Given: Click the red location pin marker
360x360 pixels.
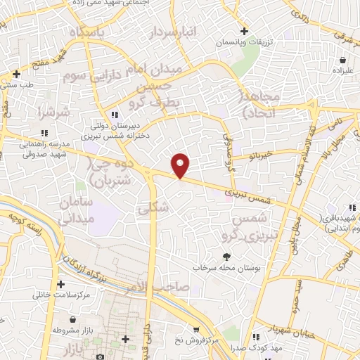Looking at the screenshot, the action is pos(181,165).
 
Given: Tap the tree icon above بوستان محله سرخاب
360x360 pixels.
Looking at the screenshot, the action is pos(226,257).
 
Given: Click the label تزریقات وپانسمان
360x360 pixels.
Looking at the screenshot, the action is pos(244,43).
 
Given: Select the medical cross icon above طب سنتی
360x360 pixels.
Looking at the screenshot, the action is pos(16,74).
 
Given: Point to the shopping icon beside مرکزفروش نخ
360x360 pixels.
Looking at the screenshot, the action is pos(196,329).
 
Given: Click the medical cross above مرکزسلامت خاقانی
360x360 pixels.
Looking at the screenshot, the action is pos(61,284).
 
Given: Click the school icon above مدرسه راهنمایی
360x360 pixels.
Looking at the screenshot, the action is pos(44,132).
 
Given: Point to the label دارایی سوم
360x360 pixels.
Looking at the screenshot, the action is pos(92,74).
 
